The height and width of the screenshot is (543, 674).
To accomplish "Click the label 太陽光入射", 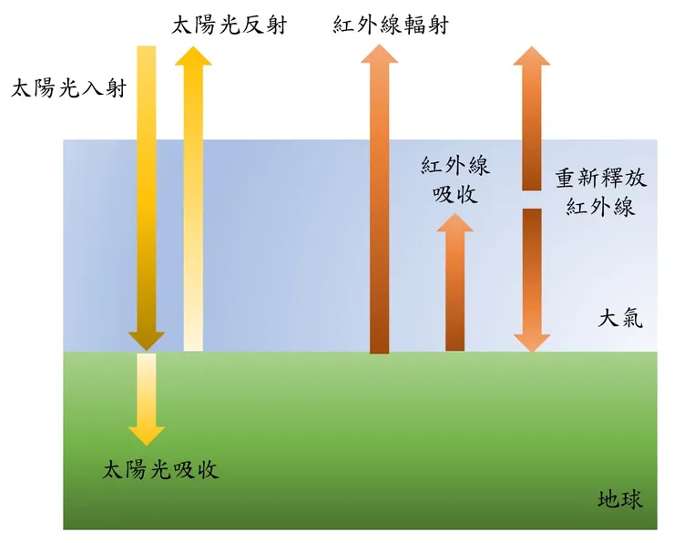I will pyautogui.click(x=67, y=88).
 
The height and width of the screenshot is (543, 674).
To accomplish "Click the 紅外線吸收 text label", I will pyautogui.click(x=455, y=180).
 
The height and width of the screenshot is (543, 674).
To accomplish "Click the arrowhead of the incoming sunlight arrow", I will pyautogui.click(x=146, y=339).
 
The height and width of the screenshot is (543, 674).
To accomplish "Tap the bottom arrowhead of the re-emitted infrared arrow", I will pyautogui.click(x=531, y=340).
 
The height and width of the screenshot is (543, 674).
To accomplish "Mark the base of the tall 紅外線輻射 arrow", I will pyautogui.click(x=380, y=344).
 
